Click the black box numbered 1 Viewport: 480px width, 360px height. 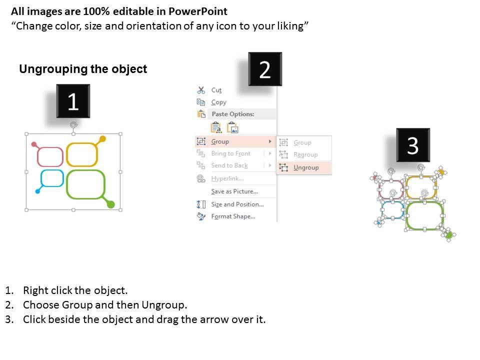(x=73, y=101)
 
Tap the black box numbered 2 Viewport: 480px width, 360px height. (x=265, y=69)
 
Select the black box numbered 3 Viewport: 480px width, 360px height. (x=413, y=145)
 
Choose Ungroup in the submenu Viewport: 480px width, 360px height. (x=306, y=167)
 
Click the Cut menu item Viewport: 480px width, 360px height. (x=216, y=90)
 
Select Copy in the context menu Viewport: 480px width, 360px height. (x=218, y=102)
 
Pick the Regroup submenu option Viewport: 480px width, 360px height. (x=305, y=154)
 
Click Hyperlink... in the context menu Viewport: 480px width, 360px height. (x=227, y=178)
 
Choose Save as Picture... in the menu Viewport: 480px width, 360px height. (x=234, y=191)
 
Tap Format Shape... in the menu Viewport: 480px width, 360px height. (x=233, y=216)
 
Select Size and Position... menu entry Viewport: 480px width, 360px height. (x=237, y=204)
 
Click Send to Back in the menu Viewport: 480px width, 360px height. (x=229, y=165)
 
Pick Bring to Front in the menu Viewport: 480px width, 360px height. (x=231, y=153)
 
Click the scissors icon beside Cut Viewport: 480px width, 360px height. (x=201, y=90)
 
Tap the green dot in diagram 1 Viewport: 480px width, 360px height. (x=111, y=204)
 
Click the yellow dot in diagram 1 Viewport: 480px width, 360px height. (x=102, y=139)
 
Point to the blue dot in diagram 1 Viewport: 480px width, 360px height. (x=37, y=191)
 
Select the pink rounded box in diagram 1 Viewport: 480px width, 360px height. (x=50, y=156)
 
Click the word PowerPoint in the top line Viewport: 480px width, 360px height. (x=198, y=11)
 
